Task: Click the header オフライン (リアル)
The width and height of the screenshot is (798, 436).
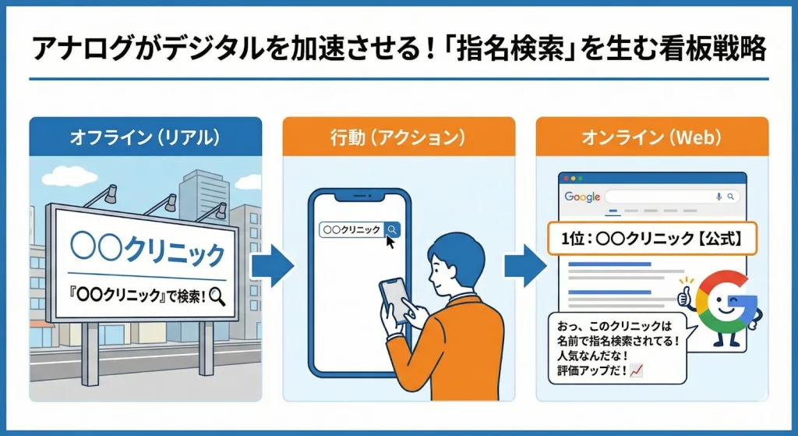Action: tap(145, 136)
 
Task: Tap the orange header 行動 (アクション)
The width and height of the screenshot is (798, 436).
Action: tap(398, 136)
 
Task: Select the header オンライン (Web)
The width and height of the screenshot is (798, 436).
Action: tap(652, 136)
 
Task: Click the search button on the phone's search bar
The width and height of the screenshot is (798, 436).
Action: tap(393, 229)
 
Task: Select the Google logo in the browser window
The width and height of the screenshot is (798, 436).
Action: tap(582, 197)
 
